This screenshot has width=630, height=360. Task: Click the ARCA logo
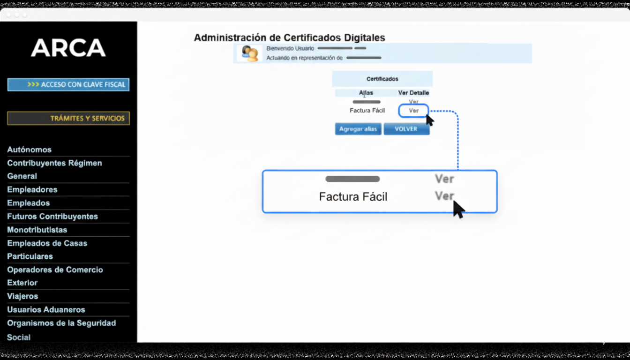point(68,47)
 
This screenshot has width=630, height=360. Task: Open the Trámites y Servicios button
point(68,118)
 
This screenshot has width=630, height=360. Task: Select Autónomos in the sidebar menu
point(29,150)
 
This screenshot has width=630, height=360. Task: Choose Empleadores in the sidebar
point(32,189)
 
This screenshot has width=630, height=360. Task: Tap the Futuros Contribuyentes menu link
point(52,216)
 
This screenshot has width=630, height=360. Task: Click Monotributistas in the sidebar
point(37,230)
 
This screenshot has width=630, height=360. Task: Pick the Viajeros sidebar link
point(22,296)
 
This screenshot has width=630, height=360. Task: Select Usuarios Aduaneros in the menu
point(46,310)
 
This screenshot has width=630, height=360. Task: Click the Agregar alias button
point(358,129)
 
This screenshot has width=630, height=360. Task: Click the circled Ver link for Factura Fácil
point(413,111)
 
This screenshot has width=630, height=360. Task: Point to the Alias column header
point(366,93)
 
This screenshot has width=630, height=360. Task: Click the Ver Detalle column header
point(413,93)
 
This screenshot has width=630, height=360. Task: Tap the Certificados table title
point(382,79)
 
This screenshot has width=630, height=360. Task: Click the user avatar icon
point(249,53)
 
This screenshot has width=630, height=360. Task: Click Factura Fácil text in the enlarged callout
point(353,196)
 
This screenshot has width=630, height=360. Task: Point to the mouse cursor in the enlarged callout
point(458,209)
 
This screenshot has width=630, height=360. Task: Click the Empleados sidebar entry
point(29,203)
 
